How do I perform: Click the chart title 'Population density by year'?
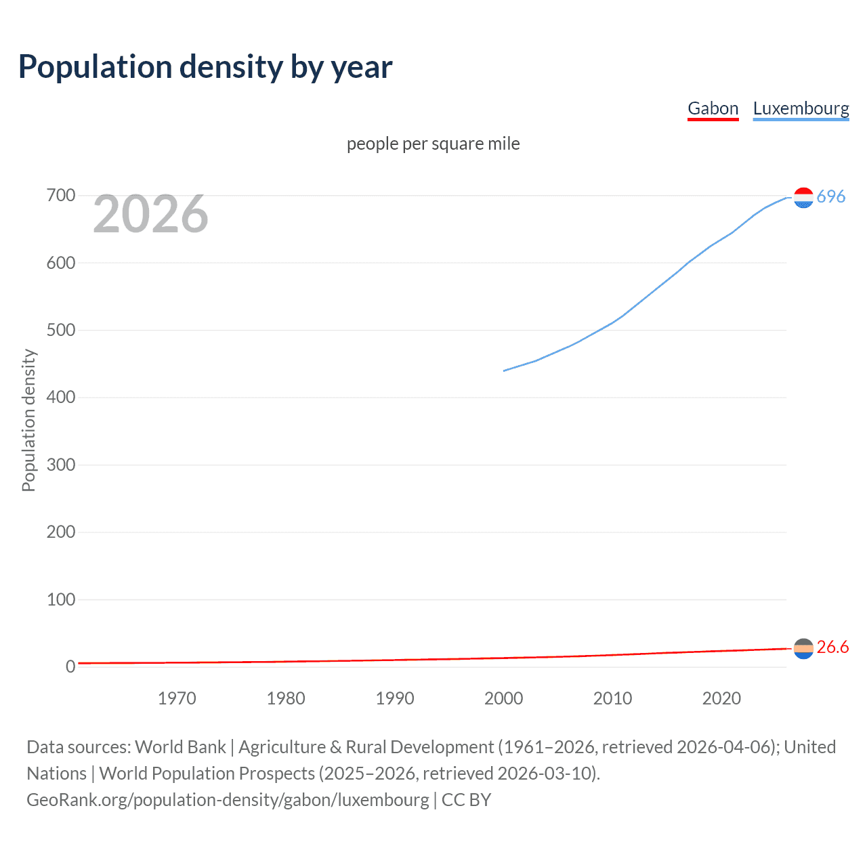click(205, 67)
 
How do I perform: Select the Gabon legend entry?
click(713, 108)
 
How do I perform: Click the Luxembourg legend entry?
click(801, 108)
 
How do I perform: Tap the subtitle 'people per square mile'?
click(433, 144)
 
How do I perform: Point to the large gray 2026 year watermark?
click(150, 214)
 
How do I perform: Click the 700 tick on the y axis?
click(61, 196)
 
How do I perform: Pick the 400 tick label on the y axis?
click(61, 398)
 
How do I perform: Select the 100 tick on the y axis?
click(61, 599)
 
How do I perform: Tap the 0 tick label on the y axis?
click(70, 667)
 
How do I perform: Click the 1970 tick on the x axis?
click(177, 698)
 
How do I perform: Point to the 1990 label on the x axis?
click(395, 698)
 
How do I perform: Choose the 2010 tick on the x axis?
click(612, 698)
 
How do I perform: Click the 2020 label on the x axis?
click(721, 698)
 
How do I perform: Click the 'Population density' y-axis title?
click(28, 420)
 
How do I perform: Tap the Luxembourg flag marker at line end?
click(803, 198)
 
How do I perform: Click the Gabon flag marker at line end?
click(803, 649)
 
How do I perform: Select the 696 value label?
click(831, 196)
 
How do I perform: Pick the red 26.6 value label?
click(832, 648)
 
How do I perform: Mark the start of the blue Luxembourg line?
click(504, 371)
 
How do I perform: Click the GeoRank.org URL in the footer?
click(228, 800)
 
